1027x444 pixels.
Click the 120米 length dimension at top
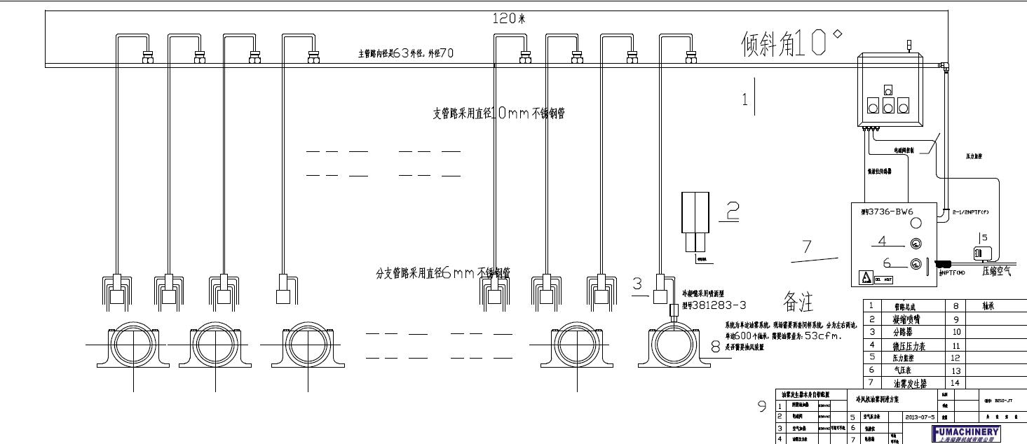[x=509, y=19]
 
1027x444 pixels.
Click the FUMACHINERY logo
[x=965, y=431]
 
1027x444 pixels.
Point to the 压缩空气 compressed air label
[x=996, y=271]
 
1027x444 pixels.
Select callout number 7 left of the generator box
[x=806, y=247]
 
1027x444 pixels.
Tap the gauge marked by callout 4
[x=915, y=244]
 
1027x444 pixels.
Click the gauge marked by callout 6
[x=915, y=264]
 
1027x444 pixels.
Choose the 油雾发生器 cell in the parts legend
[x=910, y=383]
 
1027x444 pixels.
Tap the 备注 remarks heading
[x=798, y=303]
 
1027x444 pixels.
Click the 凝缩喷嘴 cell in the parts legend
[x=910, y=319]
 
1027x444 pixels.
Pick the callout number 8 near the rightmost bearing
[x=715, y=345]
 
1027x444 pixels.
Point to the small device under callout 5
[x=979, y=254]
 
